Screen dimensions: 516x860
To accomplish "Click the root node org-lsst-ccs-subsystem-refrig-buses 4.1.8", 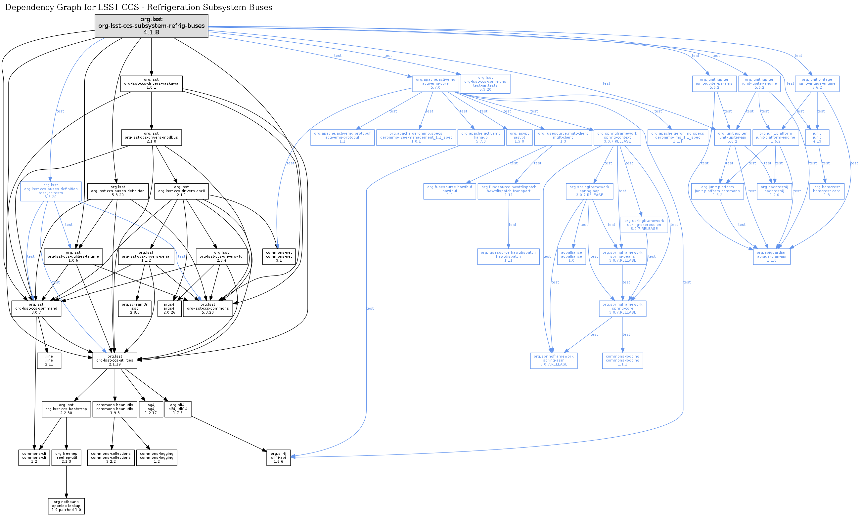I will pyautogui.click(x=151, y=26).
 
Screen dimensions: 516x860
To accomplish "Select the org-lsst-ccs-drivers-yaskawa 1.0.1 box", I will pyautogui.click(x=151, y=83).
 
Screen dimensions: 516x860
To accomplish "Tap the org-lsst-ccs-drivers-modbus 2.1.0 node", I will pyautogui.click(x=151, y=137).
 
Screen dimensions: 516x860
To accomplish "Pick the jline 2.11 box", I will pyautogui.click(x=49, y=361).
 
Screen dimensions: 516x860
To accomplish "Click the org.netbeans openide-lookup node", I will pyautogui.click(x=66, y=506).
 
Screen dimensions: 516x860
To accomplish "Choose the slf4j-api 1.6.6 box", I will pyautogui.click(x=278, y=457).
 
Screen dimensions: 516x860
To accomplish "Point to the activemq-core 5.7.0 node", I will pyautogui.click(x=435, y=83).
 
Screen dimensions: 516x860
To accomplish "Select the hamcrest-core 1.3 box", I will pyautogui.click(x=827, y=191).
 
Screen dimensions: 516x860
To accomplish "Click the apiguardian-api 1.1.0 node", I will pyautogui.click(x=771, y=257).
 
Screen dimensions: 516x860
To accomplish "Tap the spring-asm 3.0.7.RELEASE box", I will pyautogui.click(x=554, y=361).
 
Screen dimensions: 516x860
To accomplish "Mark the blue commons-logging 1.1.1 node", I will pyautogui.click(x=622, y=361).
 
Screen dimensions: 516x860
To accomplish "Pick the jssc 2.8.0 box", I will pyautogui.click(x=135, y=308).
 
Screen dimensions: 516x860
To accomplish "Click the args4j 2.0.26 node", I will pyautogui.click(x=169, y=308).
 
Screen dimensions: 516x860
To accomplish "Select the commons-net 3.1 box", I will pyautogui.click(x=279, y=257).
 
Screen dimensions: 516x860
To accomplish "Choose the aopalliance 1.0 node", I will pyautogui.click(x=571, y=257).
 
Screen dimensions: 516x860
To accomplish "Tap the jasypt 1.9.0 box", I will pyautogui.click(x=519, y=137).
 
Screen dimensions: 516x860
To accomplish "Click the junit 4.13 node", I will pyautogui.click(x=817, y=137).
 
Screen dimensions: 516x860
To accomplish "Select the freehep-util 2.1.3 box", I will pyautogui.click(x=66, y=457).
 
